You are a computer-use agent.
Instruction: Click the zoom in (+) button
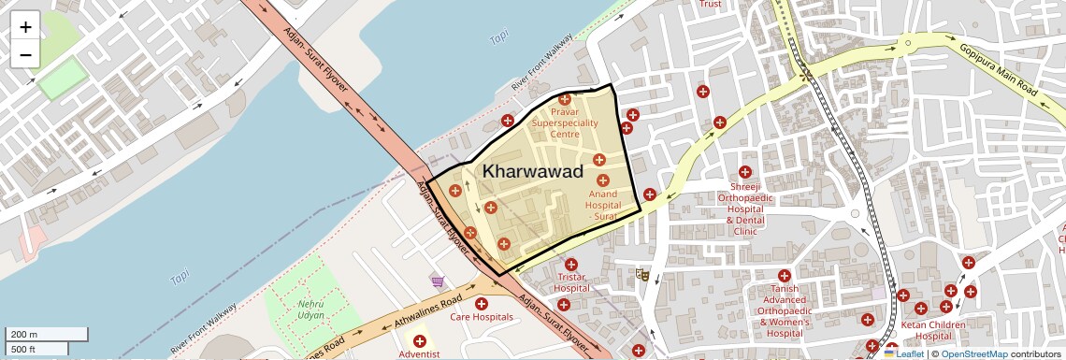click(25, 27)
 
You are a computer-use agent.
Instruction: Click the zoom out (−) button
click(25, 54)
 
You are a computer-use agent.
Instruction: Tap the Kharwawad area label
click(533, 172)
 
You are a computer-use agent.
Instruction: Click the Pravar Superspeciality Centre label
click(564, 122)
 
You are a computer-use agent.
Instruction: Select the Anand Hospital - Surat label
click(603, 204)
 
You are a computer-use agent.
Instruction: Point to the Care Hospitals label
click(482, 317)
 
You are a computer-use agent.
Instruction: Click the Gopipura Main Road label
click(998, 67)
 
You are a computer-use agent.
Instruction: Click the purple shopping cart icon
click(437, 281)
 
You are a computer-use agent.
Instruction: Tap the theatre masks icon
click(641, 275)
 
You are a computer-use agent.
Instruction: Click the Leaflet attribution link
click(903, 353)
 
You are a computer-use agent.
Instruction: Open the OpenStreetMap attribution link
click(974, 353)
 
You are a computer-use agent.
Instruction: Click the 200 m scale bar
click(47, 334)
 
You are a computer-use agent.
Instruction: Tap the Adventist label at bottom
click(419, 354)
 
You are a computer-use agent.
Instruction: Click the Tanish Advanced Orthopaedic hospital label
click(784, 310)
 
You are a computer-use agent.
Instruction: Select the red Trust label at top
click(710, 4)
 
